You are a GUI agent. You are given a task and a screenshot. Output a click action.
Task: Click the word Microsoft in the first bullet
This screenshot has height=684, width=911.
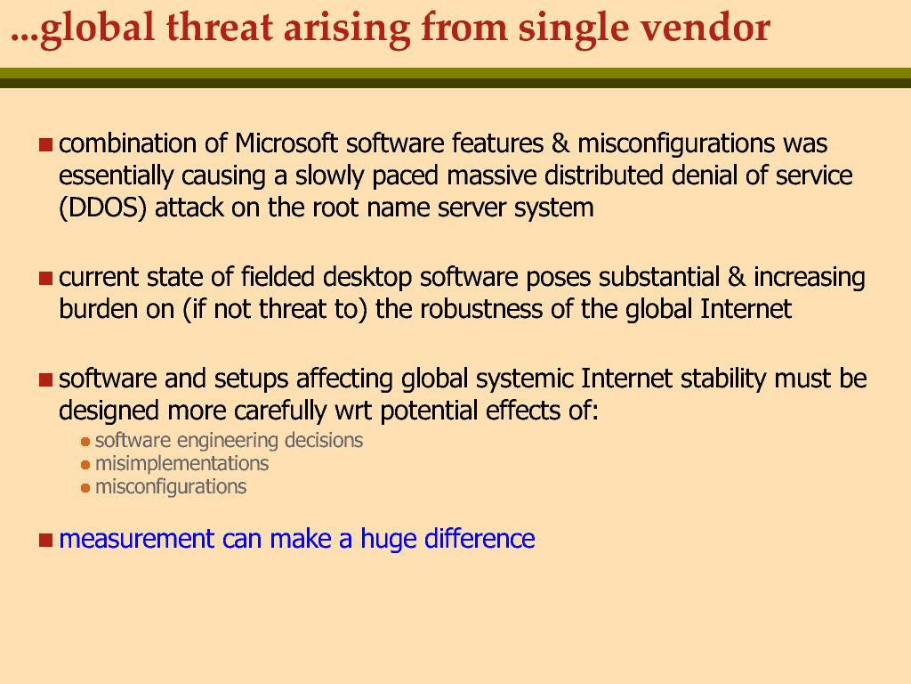286,143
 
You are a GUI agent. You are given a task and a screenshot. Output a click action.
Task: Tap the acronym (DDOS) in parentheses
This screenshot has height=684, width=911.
103,208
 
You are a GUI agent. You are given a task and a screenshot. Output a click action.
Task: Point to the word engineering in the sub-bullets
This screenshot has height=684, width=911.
227,441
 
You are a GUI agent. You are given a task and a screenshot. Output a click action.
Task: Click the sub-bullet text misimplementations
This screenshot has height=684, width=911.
181,463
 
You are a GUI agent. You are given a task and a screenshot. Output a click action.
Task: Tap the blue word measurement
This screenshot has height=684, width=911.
136,539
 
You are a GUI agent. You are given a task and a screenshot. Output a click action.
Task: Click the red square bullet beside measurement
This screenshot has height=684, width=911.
46,541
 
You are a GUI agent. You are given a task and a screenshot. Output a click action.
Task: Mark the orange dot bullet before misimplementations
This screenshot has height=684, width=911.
85,465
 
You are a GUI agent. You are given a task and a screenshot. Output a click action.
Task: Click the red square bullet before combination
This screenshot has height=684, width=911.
46,144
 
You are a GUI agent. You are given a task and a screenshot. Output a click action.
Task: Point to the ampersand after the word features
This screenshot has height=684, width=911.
560,143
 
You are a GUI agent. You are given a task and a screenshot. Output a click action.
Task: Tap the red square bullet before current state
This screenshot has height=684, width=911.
46,278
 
